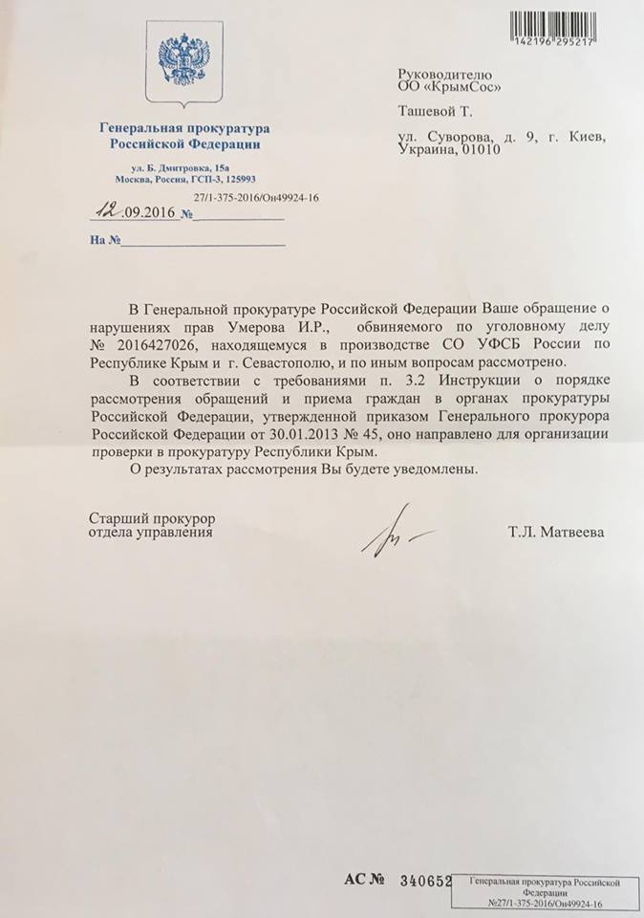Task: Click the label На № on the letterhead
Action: pos(106,240)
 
